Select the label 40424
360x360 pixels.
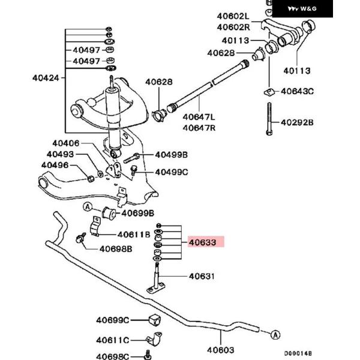point(46,77)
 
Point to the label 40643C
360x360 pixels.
point(298,91)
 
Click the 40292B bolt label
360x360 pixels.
point(298,122)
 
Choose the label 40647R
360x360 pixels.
point(200,127)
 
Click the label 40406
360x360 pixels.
point(65,143)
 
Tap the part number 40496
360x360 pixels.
point(55,165)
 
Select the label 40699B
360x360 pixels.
point(137,213)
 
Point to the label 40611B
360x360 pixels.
point(133,235)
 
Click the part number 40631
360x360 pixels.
point(202,277)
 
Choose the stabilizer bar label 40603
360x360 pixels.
point(220,350)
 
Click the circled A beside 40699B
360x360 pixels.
point(88,208)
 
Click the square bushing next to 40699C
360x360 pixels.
point(152,319)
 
